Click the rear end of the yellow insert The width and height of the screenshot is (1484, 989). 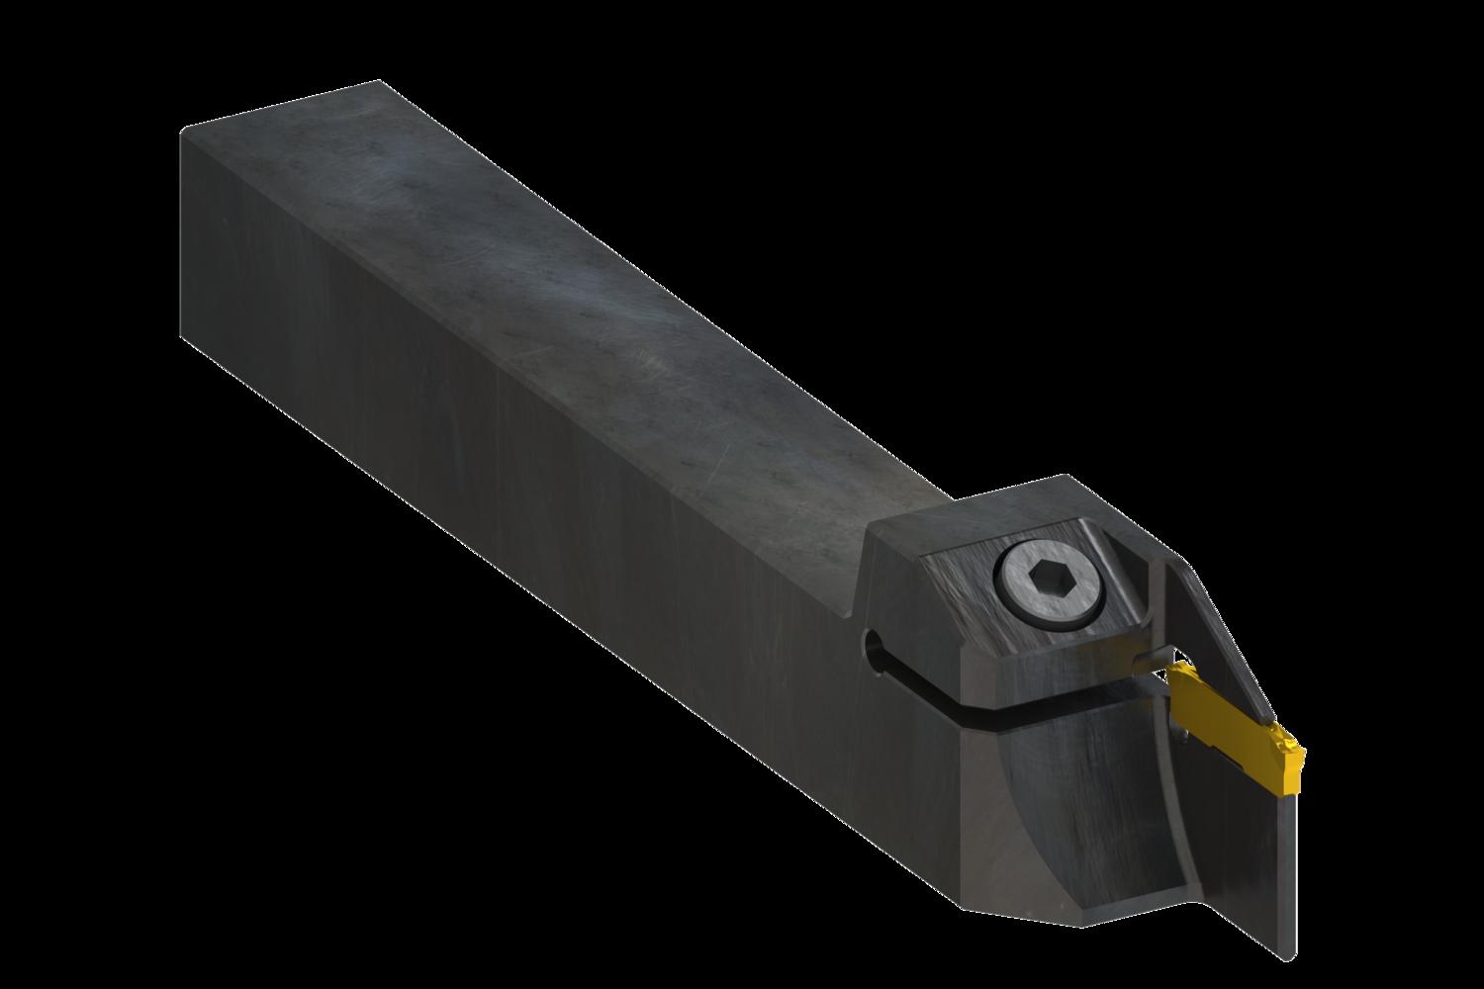coord(1175,676)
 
